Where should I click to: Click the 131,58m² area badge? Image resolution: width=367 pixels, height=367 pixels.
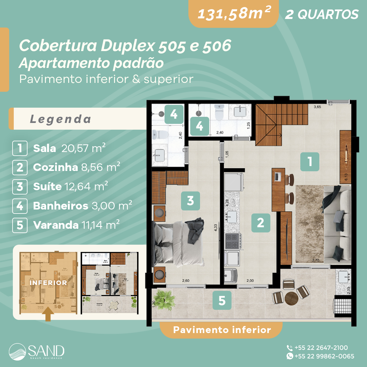click(x=234, y=13)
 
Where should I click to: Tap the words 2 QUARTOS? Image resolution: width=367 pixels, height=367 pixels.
click(x=321, y=14)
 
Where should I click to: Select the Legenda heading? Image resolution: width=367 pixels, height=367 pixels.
click(x=61, y=119)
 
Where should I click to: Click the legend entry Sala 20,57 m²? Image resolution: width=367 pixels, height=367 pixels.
click(x=69, y=148)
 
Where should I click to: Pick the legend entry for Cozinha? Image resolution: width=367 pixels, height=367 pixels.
click(x=76, y=167)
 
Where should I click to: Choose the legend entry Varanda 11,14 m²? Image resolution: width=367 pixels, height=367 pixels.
click(x=76, y=225)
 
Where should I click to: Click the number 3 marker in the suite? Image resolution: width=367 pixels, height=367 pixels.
click(x=190, y=201)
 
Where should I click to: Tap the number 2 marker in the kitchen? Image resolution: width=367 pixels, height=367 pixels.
click(x=261, y=223)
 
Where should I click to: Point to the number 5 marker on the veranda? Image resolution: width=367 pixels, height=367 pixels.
click(x=222, y=300)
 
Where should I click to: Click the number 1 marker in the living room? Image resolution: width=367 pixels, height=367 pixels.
click(x=310, y=161)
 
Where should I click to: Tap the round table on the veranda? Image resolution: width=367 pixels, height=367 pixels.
click(x=291, y=298)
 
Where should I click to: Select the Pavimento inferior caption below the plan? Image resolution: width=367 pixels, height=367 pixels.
click(x=222, y=330)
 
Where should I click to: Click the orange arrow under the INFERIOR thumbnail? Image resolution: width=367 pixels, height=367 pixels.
click(x=48, y=314)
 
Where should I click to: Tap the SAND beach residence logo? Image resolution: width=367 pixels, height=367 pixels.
click(x=37, y=351)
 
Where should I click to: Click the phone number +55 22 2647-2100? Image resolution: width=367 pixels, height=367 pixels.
click(x=321, y=348)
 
